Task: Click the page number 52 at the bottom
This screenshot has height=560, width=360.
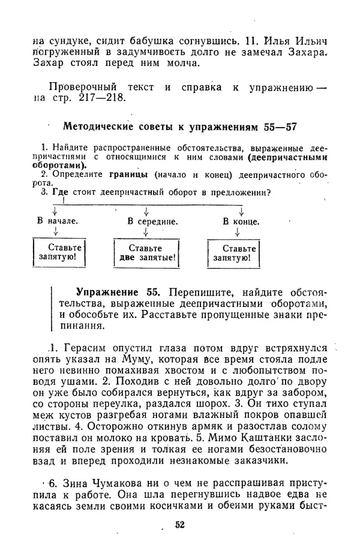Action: point(179,525)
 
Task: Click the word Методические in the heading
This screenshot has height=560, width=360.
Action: point(95,127)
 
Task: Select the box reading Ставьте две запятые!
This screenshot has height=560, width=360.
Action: point(146,253)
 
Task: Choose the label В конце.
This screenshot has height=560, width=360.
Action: point(241,221)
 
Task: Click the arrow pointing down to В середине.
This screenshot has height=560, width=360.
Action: point(146,211)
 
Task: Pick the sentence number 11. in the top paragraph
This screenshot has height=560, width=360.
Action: point(248,42)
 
